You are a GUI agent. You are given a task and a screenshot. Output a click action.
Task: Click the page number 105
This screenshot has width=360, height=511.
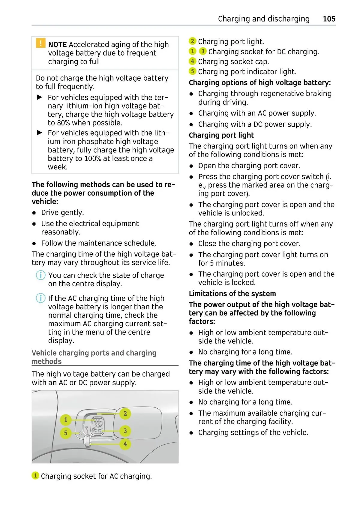pos(329,19)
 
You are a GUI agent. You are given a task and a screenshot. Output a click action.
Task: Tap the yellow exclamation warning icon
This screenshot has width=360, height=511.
pos(40,43)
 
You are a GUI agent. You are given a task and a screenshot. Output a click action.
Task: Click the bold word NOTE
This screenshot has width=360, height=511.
pos(57,45)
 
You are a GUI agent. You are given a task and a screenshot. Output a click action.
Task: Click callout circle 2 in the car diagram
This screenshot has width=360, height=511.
pos(125,413)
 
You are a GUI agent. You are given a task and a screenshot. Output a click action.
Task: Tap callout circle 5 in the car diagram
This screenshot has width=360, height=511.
pos(66,433)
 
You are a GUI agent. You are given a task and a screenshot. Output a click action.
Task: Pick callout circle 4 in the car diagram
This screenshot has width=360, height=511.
pos(125,444)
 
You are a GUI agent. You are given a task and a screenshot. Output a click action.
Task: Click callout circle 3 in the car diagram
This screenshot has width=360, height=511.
pos(125,431)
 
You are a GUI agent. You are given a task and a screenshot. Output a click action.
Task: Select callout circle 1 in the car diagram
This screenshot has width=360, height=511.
pos(66,419)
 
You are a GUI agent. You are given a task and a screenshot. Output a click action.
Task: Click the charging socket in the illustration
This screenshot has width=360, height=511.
pos(97,426)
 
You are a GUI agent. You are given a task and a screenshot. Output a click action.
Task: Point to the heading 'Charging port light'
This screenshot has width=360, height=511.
pos(221,135)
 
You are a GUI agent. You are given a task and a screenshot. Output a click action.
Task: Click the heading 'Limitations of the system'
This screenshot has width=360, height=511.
pos(232,294)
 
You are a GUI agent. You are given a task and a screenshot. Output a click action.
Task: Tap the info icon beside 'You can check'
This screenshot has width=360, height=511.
pos(40,275)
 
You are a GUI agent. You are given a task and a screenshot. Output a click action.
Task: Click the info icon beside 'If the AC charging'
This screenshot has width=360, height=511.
pos(40,298)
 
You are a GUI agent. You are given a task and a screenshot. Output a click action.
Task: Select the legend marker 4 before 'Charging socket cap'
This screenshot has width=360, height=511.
pos(192,62)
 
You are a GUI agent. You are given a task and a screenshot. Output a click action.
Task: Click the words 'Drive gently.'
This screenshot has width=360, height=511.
pos(62,212)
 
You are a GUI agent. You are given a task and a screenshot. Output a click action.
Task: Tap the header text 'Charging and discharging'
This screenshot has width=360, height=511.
pos(264,19)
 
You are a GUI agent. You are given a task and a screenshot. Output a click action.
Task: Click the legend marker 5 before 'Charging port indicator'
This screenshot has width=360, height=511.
pos(192,71)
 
